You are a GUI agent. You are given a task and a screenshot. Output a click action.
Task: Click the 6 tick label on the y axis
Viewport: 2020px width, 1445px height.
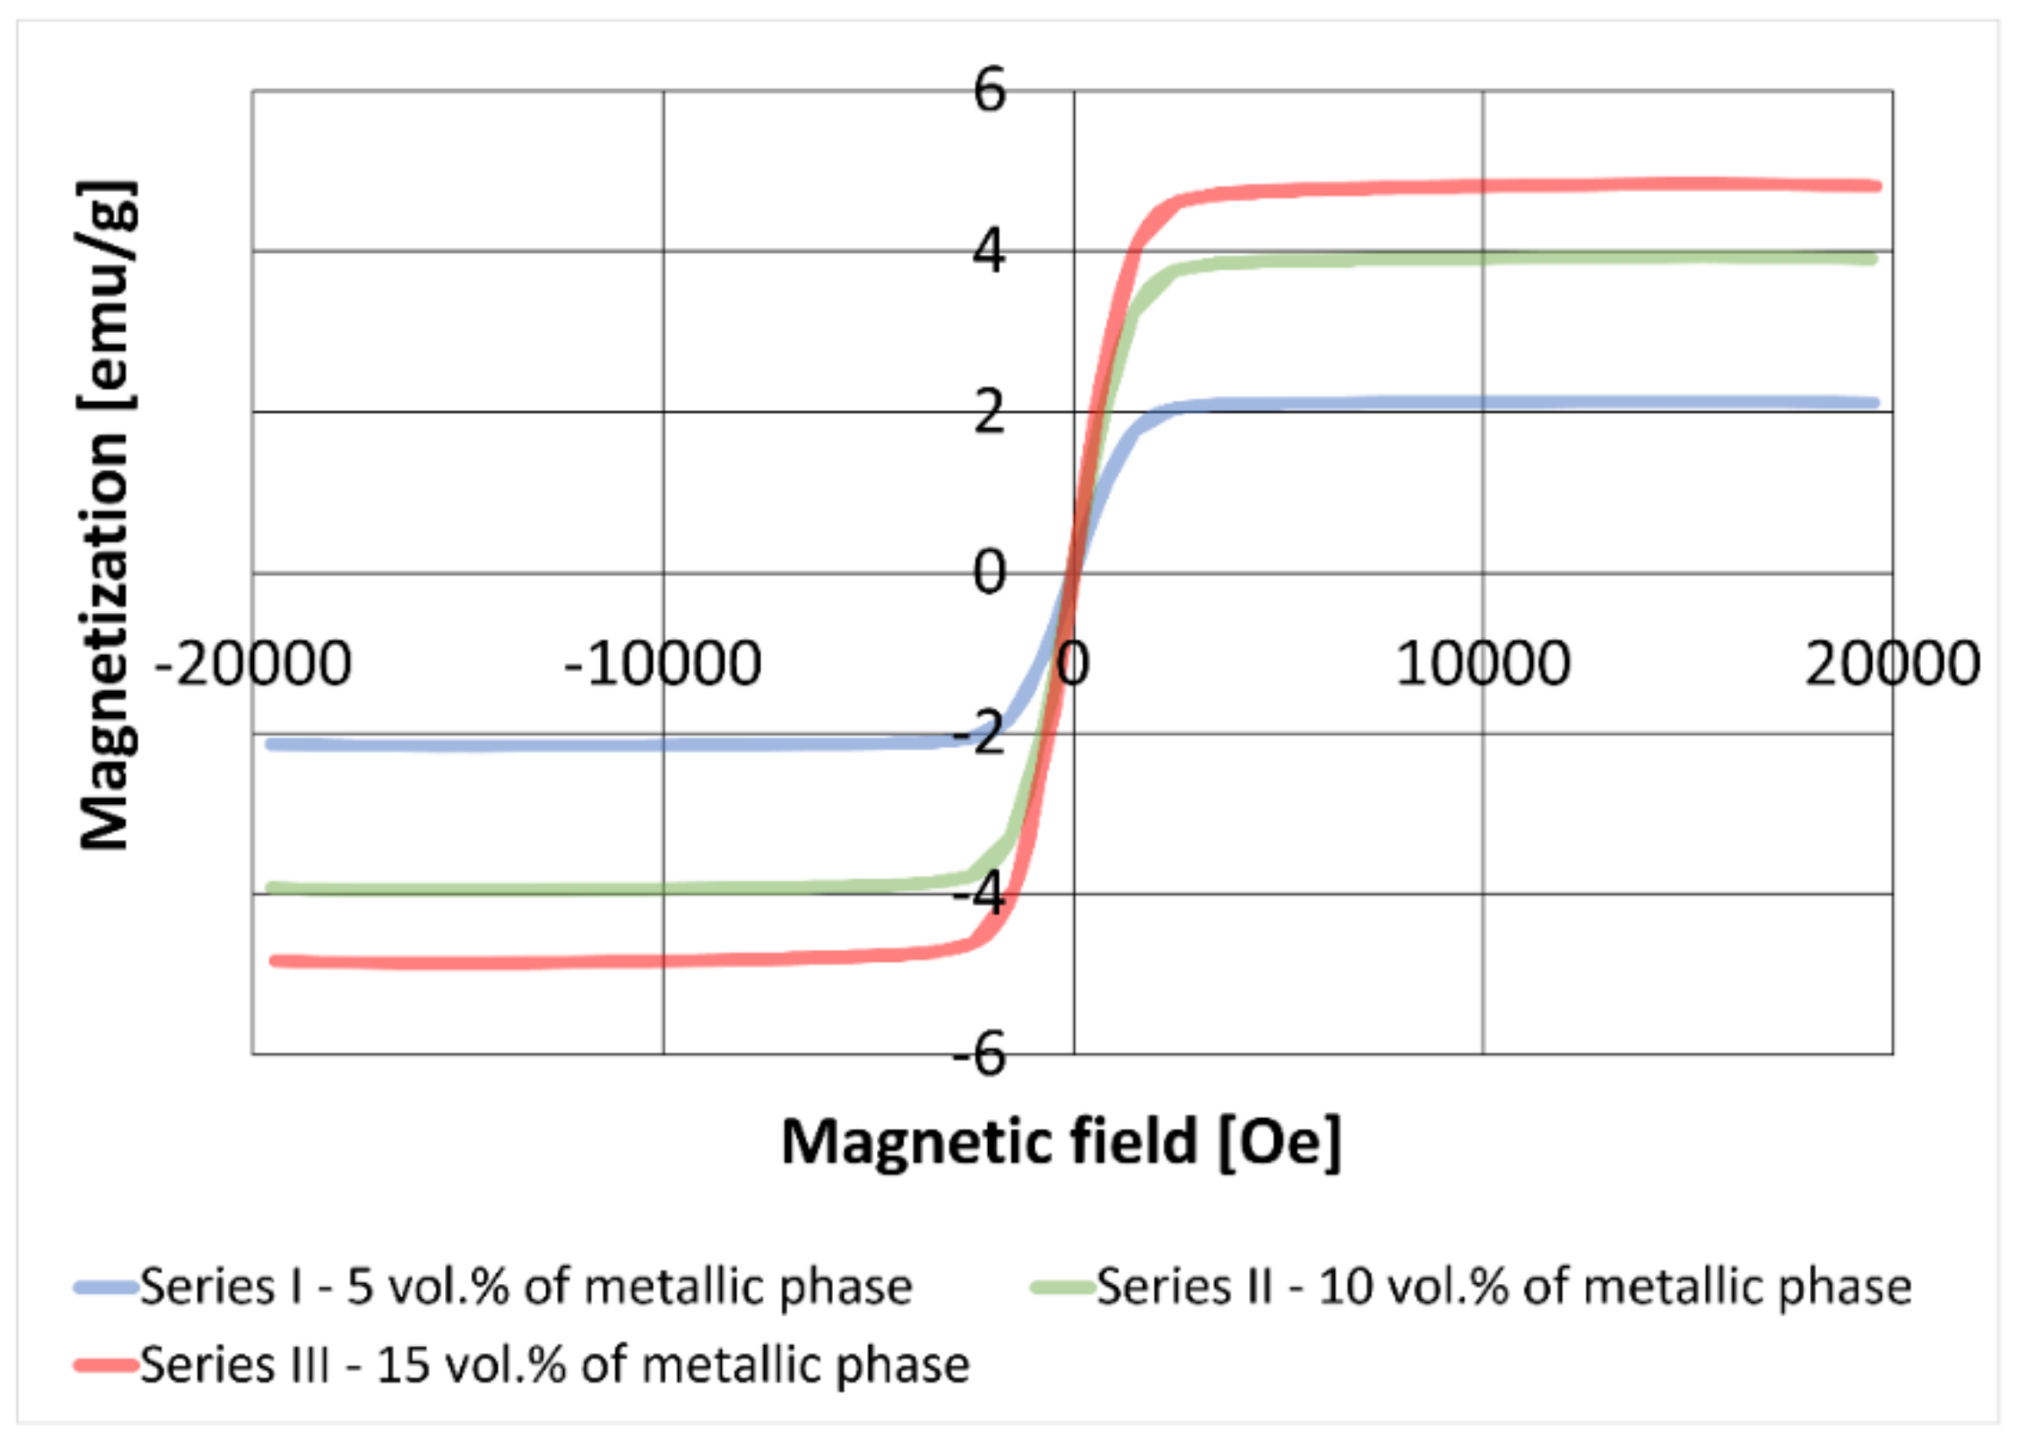[990, 91]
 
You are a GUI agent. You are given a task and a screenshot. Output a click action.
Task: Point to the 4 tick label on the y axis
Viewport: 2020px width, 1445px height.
[990, 252]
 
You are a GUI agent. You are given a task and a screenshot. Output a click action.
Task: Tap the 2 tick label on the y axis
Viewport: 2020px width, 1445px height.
[990, 412]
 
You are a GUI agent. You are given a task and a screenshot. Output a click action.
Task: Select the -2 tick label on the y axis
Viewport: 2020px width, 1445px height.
[979, 735]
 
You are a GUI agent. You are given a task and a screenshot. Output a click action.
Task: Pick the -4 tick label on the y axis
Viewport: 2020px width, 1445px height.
[979, 895]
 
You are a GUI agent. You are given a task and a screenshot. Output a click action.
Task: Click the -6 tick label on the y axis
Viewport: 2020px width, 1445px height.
[979, 1055]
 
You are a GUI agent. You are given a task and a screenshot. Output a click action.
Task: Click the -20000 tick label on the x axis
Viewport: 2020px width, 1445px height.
[254, 664]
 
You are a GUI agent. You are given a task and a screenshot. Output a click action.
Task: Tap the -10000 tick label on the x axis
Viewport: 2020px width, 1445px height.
[664, 664]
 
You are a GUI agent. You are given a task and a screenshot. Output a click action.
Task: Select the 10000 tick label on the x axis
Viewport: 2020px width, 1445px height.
[1482, 664]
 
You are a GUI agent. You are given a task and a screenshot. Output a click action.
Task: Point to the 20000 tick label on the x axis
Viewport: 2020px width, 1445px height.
[1893, 664]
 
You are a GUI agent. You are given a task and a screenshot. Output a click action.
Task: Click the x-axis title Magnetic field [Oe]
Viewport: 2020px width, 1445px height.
[1061, 1143]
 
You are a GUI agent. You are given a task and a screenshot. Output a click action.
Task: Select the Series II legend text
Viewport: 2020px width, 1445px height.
[1504, 1287]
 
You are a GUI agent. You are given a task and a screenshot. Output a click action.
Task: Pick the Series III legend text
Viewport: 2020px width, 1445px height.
[554, 1365]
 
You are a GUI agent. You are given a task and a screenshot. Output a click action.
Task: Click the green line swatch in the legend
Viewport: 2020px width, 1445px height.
[1063, 1287]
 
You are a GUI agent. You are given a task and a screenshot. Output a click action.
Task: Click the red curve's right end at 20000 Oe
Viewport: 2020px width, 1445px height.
[1875, 186]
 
